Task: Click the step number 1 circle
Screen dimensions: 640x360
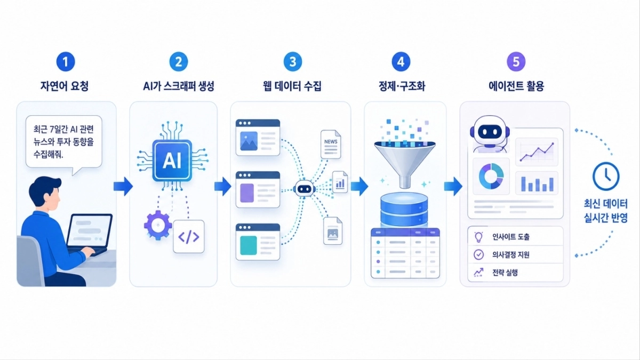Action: click(x=66, y=62)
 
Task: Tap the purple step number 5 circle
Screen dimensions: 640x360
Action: click(x=516, y=62)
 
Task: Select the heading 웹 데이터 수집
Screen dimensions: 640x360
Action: click(x=292, y=86)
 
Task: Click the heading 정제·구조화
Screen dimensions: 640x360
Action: click(x=402, y=86)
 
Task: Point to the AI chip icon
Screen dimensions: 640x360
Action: click(x=172, y=161)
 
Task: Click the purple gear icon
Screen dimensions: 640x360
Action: click(x=158, y=225)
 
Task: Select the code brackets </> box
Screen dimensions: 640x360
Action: click(x=189, y=237)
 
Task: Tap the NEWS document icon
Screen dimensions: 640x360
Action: click(x=331, y=145)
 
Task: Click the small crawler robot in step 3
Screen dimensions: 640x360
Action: click(x=304, y=189)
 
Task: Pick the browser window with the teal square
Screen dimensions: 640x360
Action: click(x=258, y=242)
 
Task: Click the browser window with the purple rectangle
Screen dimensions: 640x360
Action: click(x=258, y=190)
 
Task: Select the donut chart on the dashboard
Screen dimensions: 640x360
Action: click(x=491, y=177)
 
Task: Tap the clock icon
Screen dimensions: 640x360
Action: click(x=606, y=177)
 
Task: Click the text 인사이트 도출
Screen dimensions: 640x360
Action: click(x=511, y=237)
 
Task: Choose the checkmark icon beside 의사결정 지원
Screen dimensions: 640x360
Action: click(x=478, y=254)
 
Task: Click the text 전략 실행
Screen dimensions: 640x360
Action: click(x=505, y=273)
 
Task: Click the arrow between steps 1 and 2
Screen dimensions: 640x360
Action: click(x=123, y=186)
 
